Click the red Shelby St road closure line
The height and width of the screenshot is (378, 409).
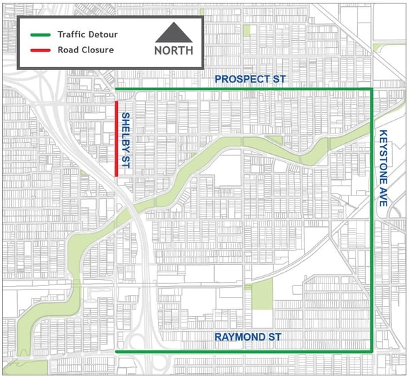(117, 139)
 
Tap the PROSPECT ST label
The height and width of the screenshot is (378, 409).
(250, 80)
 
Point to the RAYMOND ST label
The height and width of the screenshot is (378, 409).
(247, 338)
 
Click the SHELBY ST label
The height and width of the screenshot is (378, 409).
(126, 140)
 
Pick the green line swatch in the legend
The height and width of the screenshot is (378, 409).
(40, 35)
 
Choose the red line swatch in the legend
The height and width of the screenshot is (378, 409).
(40, 50)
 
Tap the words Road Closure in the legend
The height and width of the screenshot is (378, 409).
(86, 50)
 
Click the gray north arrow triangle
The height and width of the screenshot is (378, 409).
(174, 33)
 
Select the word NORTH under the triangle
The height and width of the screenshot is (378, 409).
(174, 50)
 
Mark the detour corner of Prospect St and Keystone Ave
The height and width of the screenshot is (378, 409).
(372, 89)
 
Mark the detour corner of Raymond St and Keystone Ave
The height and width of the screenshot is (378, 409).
(372, 351)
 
